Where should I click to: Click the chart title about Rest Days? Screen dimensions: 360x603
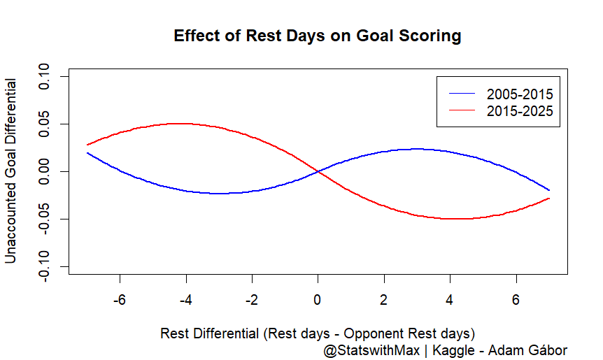click(318, 36)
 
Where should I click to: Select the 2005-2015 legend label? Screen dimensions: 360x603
click(520, 94)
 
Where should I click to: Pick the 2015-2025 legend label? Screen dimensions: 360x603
click(520, 110)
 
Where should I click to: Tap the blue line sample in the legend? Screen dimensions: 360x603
click(462, 94)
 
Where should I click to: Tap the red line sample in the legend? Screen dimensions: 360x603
click(462, 110)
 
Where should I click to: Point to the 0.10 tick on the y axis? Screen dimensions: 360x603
click(45, 76)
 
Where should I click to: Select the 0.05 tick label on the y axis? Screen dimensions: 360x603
click(45, 124)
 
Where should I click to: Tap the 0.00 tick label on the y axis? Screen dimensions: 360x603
click(45, 171)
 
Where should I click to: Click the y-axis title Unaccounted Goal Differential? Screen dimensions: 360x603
click(11, 171)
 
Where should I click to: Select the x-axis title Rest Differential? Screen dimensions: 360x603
click(318, 332)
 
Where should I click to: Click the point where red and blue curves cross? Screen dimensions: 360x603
click(318, 171)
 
